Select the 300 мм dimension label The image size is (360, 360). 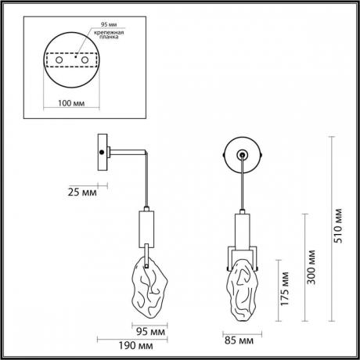click(311, 265)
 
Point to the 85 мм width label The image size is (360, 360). click(239, 340)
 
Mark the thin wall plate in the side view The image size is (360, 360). click(103, 153)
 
